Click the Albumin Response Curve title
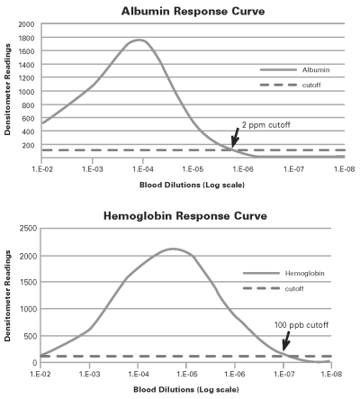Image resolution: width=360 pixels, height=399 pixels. (193, 12)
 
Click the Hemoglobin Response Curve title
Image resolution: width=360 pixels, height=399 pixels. (185, 216)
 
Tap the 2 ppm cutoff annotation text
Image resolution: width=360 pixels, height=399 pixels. (265, 125)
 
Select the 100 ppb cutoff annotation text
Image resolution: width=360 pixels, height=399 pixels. (301, 325)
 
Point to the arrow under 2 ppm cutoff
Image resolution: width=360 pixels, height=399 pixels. (235, 138)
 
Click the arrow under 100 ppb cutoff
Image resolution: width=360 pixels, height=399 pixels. (286, 340)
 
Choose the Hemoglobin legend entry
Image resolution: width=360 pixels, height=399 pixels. (283, 274)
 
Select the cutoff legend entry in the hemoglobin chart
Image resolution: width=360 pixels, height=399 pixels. (274, 289)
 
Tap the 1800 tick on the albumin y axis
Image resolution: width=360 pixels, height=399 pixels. (26, 38)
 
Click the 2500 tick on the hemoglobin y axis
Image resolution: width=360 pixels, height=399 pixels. (29, 229)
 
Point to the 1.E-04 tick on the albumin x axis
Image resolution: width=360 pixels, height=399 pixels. (143, 169)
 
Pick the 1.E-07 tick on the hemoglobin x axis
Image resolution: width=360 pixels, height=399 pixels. (283, 374)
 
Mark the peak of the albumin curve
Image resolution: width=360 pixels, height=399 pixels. (139, 40)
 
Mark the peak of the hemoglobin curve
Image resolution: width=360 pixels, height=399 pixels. (173, 249)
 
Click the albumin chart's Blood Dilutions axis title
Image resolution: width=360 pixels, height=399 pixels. (192, 185)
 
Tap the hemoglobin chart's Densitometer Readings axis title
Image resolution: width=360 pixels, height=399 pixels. (7, 295)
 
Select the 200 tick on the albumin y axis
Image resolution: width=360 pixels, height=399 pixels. (28, 145)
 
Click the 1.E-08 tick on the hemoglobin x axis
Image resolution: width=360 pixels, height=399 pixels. (331, 374)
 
